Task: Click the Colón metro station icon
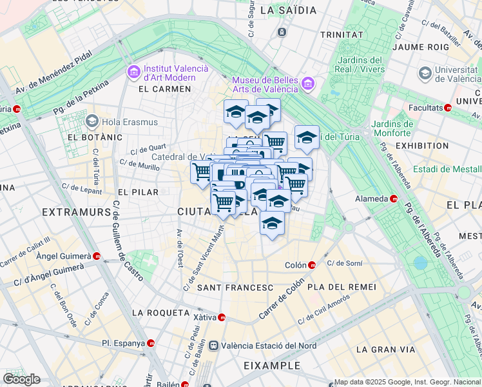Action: coord(312,264)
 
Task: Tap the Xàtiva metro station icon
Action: coord(222,317)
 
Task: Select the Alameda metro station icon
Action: coord(393,199)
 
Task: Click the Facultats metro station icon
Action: coord(456,108)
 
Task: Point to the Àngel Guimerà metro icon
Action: coord(97,256)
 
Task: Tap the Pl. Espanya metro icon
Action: coord(151,343)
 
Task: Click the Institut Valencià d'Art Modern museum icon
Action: coord(134,72)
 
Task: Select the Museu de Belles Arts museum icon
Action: coord(308,83)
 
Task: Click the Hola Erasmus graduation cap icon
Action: coord(92,121)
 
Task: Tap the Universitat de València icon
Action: coord(425,74)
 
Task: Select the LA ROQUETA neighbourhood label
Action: coord(160,312)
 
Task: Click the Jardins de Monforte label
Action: coord(392,128)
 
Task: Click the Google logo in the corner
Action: coord(21,379)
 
